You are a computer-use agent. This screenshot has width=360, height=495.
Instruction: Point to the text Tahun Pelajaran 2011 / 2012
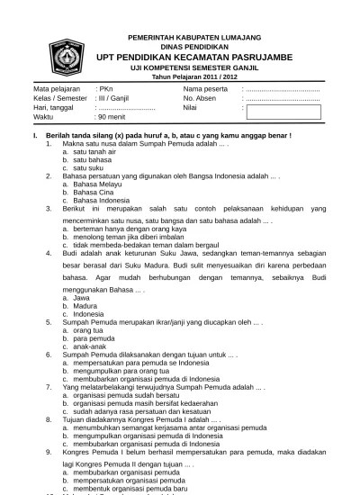click(x=195, y=77)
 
